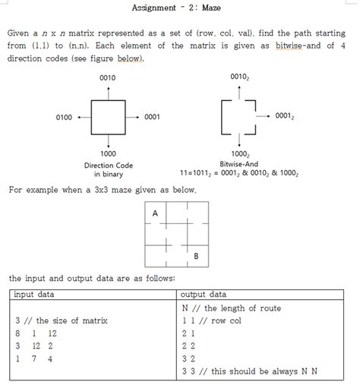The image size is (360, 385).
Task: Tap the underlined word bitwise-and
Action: pyautogui.click(x=302, y=46)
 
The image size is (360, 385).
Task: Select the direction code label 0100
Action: pyautogui.click(x=64, y=117)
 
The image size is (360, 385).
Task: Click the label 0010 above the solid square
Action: pyautogui.click(x=108, y=78)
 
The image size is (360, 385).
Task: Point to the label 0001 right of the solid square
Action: pyautogui.click(x=152, y=117)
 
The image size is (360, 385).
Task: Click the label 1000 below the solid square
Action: pyautogui.click(x=108, y=153)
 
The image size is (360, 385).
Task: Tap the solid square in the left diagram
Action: pyautogui.click(x=109, y=117)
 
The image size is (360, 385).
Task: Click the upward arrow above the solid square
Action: pyautogui.click(x=109, y=91)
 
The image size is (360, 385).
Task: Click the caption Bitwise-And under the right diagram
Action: pyautogui.click(x=239, y=164)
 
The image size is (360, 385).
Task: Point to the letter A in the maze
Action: pyautogui.click(x=155, y=214)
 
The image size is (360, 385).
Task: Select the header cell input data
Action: pyautogui.click(x=34, y=294)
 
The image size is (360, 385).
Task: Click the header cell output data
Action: pyautogui.click(x=204, y=294)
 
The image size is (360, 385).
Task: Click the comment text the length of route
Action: pyautogui.click(x=242, y=308)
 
